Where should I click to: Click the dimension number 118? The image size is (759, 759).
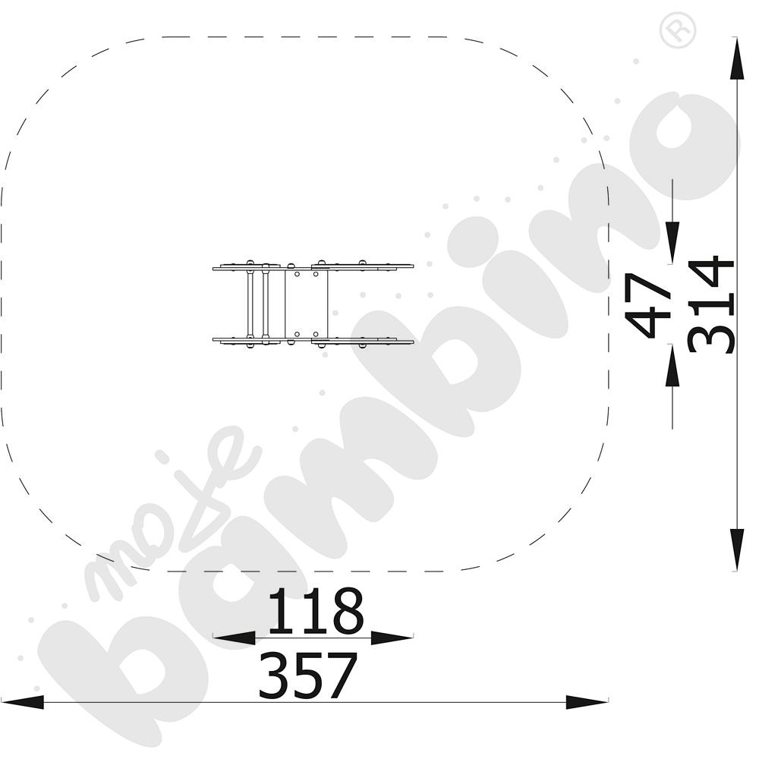(x=316, y=611)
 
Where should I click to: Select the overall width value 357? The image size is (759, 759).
(x=308, y=676)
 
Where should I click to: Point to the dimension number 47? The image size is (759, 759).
(x=648, y=304)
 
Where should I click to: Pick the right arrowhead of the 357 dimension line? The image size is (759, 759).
(x=587, y=702)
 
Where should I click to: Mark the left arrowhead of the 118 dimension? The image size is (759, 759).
(x=235, y=638)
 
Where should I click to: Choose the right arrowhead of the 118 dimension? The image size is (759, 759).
(x=392, y=638)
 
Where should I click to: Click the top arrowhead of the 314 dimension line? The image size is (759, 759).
(x=737, y=58)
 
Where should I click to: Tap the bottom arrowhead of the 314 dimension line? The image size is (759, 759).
(x=737, y=550)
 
